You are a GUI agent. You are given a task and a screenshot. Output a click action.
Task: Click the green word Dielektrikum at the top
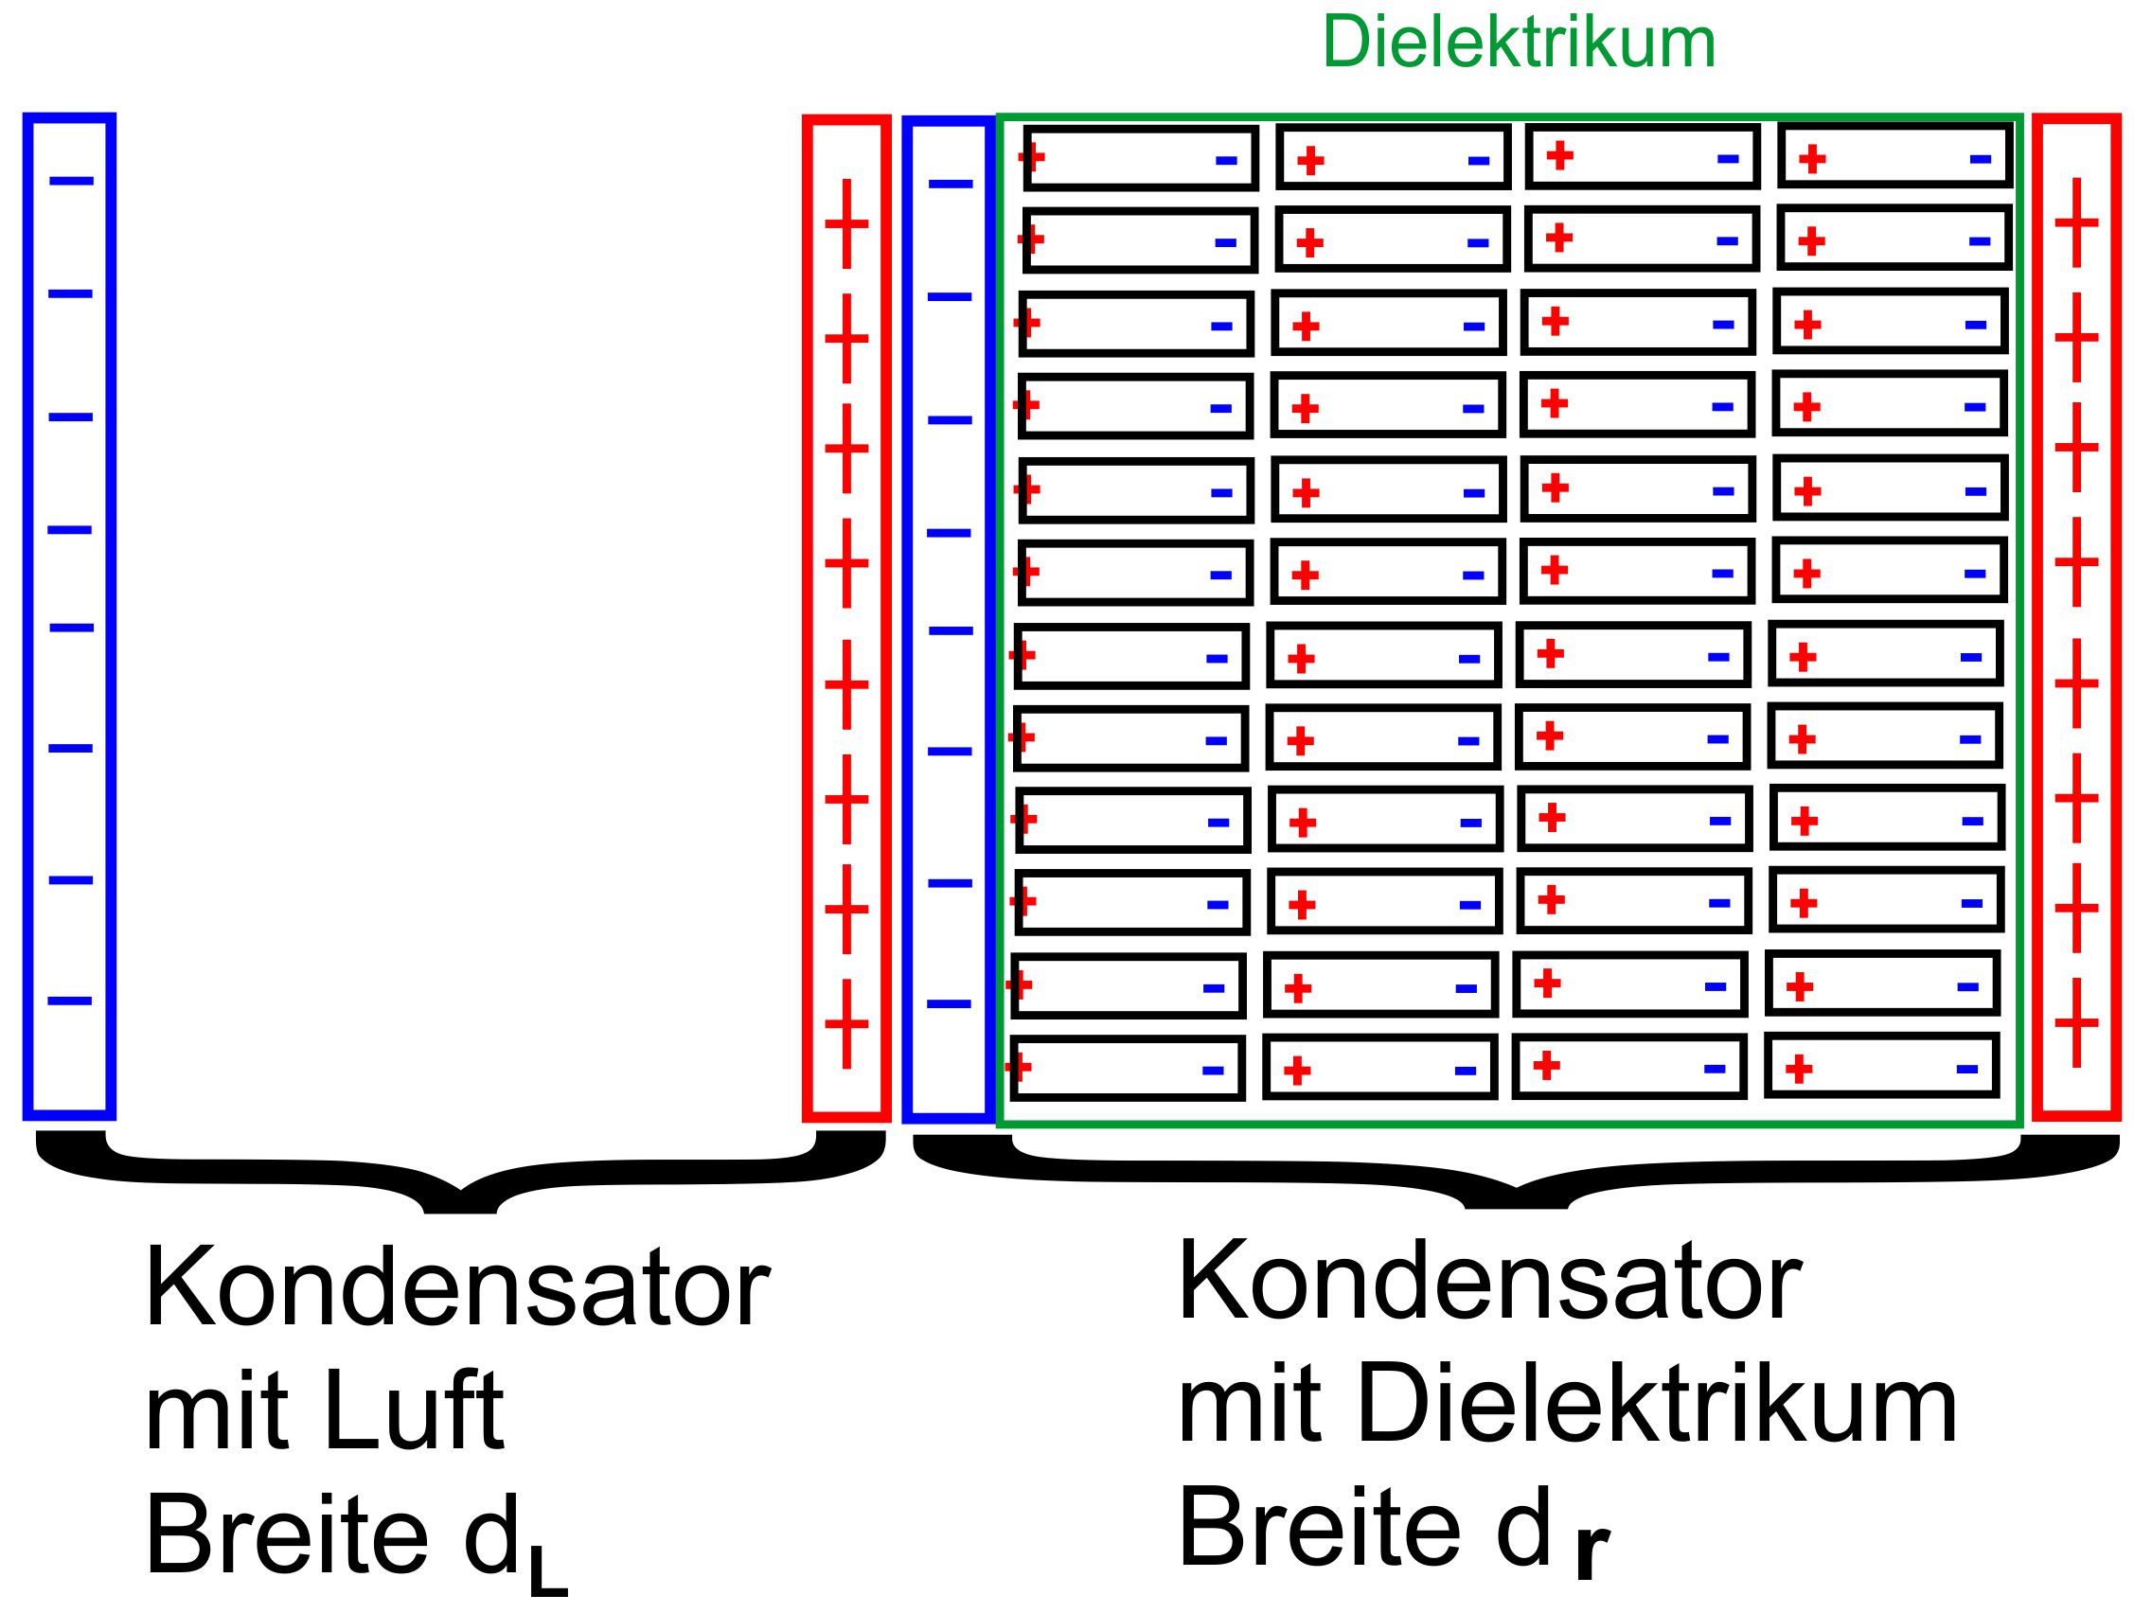point(1519,44)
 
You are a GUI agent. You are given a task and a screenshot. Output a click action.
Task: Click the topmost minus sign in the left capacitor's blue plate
point(71,181)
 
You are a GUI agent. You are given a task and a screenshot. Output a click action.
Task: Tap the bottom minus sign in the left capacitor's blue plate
point(69,1001)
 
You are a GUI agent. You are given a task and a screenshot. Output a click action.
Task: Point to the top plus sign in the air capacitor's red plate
point(846,223)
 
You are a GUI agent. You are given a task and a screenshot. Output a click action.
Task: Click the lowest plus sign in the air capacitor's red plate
point(846,1023)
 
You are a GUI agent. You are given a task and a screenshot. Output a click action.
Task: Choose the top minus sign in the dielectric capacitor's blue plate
point(951,184)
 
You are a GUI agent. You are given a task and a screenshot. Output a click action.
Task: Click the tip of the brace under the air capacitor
point(460,1211)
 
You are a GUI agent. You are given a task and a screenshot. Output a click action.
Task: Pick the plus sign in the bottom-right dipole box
point(1798,1069)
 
